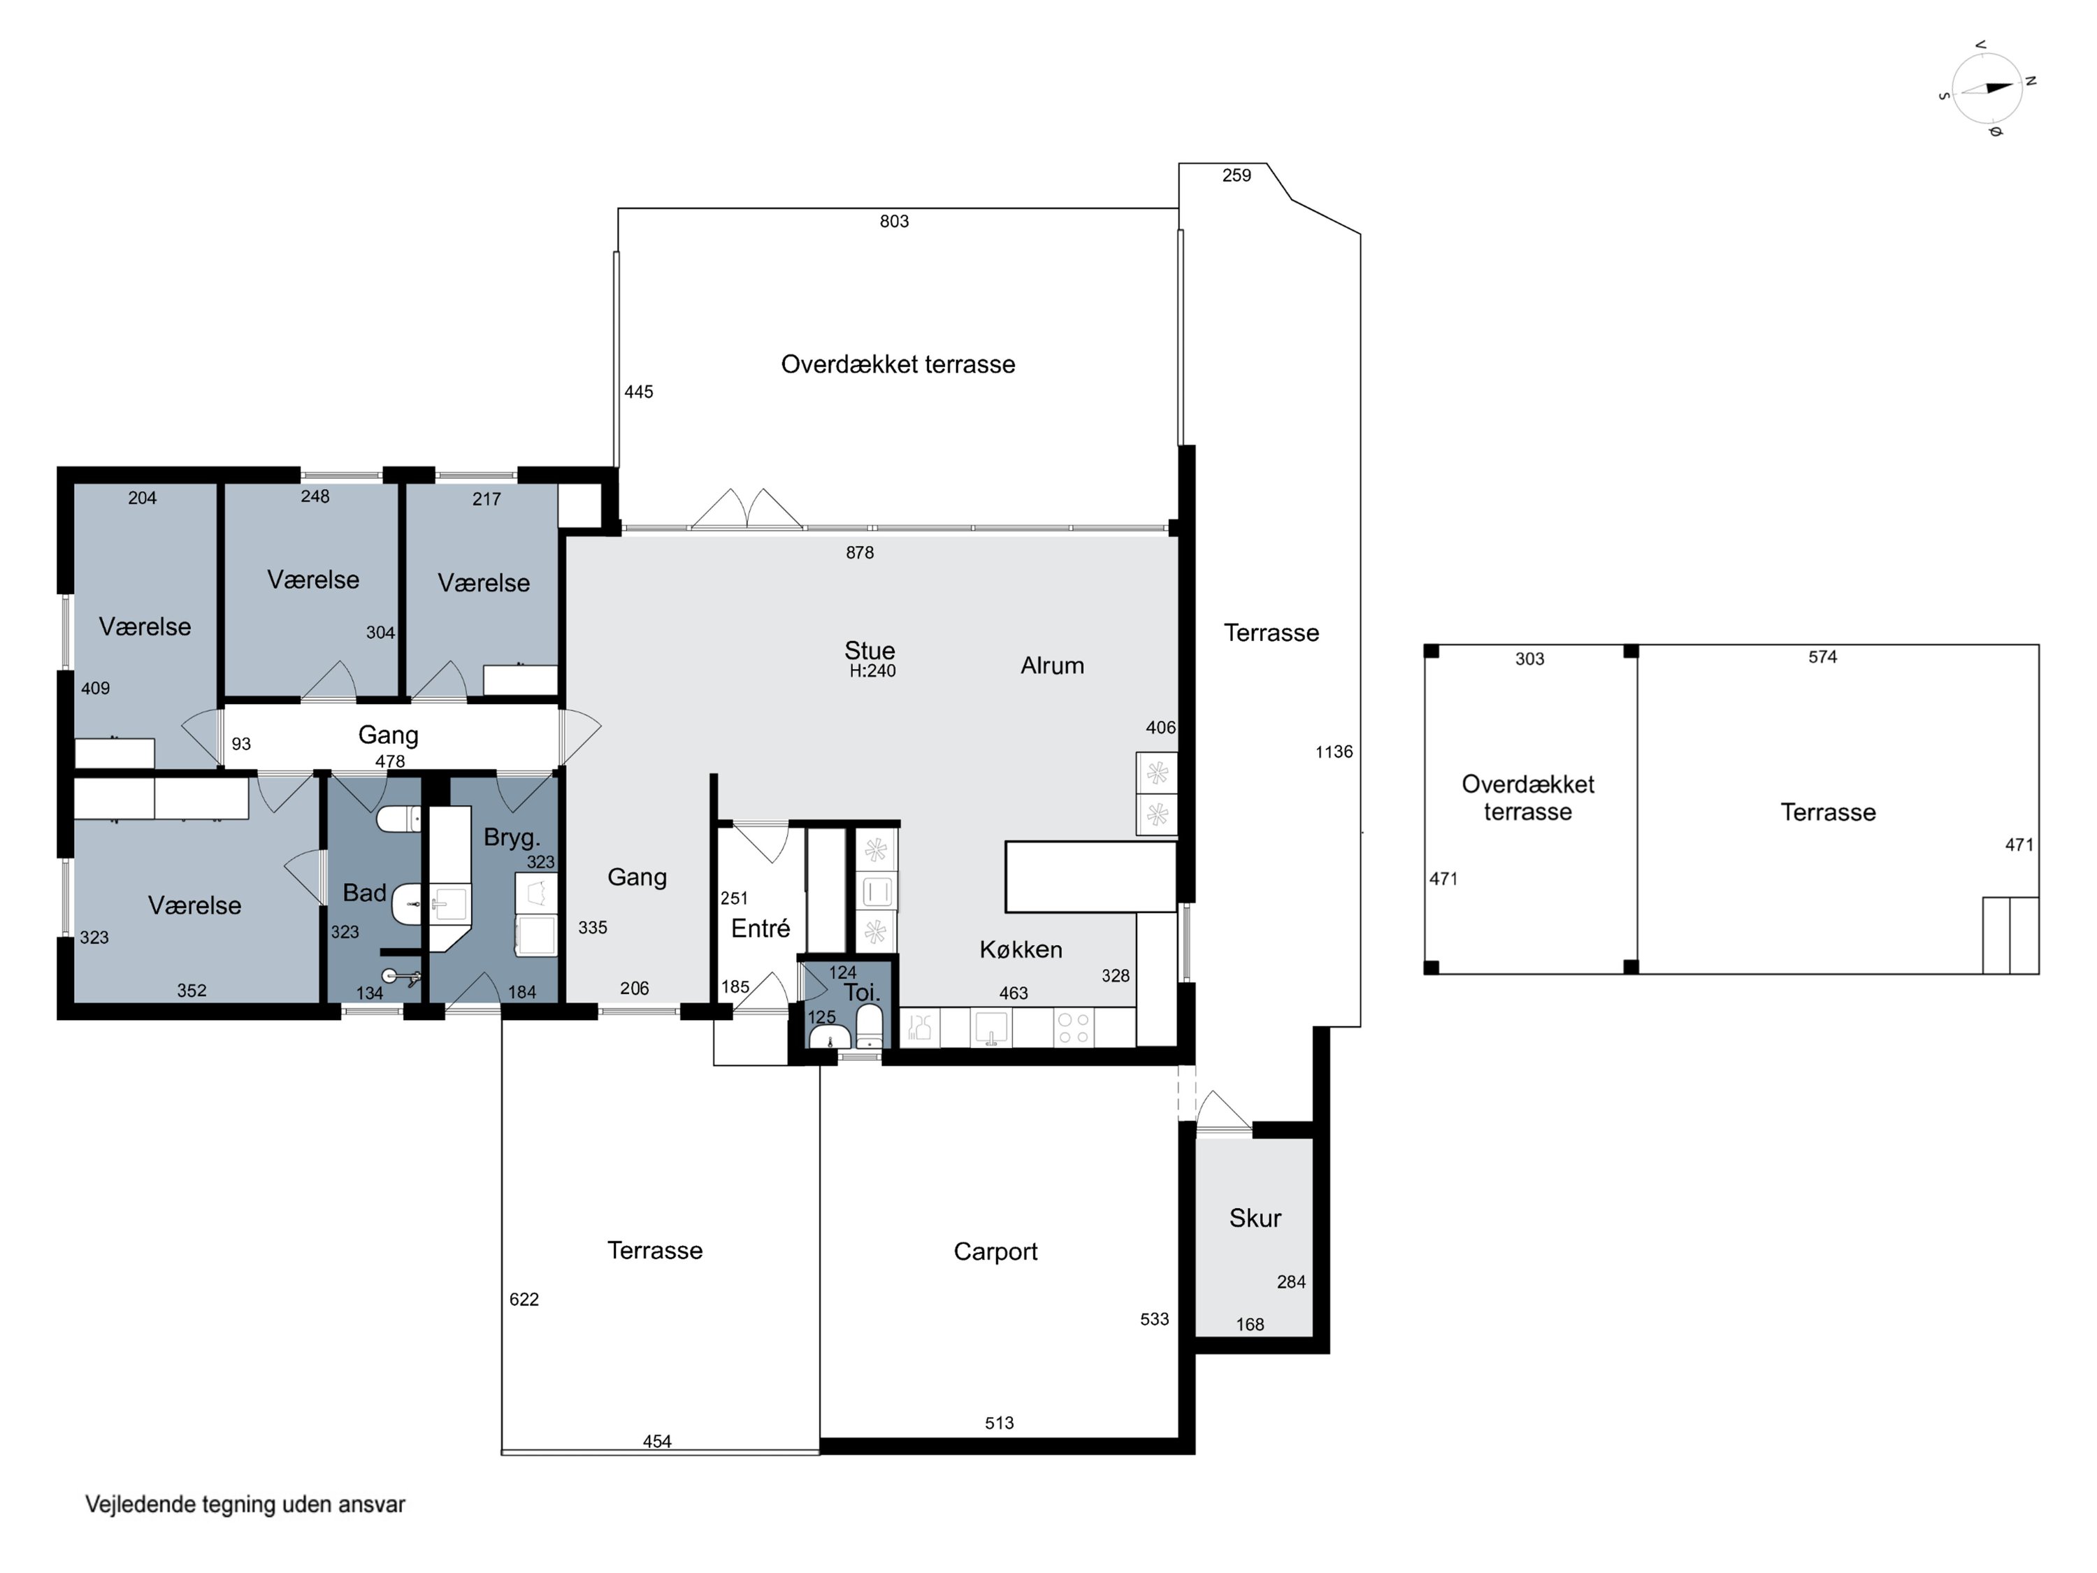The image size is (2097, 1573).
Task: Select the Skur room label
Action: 1255,1219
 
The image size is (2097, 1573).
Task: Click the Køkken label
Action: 1021,949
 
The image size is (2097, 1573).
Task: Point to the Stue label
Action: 870,650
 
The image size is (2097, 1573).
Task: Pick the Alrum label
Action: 1052,666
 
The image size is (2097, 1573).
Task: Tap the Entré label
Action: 761,928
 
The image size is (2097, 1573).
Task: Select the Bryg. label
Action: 512,838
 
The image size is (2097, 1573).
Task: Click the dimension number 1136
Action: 1334,752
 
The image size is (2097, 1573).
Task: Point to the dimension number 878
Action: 860,553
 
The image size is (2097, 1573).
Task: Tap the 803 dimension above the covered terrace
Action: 894,222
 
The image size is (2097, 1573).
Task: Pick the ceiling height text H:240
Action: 872,671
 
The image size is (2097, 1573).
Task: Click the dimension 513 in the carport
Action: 999,1423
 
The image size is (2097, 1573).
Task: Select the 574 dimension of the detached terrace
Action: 1822,657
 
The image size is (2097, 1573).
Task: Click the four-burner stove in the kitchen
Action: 1074,1028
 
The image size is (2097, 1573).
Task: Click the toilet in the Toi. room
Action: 870,1027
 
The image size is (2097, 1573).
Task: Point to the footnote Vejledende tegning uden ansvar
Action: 245,1504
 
